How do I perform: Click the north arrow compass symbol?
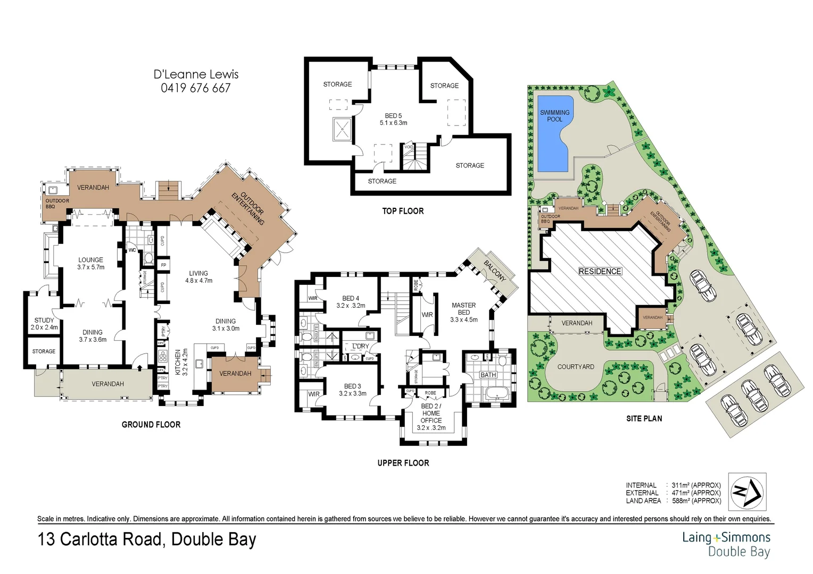click(747, 492)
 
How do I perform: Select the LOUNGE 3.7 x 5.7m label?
click(91, 264)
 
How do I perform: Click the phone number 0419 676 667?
click(196, 88)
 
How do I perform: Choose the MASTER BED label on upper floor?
click(463, 309)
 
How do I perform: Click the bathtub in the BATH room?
click(496, 394)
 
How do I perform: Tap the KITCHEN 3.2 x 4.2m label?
click(181, 362)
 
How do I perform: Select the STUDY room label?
click(44, 320)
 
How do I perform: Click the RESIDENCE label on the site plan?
click(600, 271)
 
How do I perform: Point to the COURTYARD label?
click(576, 367)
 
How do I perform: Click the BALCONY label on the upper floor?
click(495, 271)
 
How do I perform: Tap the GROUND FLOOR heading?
click(151, 425)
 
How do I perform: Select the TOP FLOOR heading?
click(403, 211)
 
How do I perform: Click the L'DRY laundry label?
click(360, 346)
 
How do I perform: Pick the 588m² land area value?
click(696, 501)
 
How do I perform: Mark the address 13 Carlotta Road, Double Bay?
click(147, 539)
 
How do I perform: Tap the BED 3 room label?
click(352, 390)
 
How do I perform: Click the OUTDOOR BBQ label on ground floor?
click(57, 203)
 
